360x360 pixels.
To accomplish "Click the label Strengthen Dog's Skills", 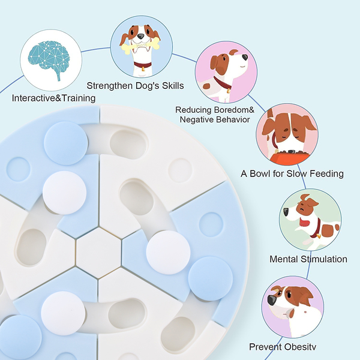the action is [135, 85].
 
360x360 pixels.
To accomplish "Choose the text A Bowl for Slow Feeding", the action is [292, 173].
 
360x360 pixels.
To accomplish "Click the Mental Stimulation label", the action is [308, 259].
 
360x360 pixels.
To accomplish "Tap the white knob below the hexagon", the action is [62, 311].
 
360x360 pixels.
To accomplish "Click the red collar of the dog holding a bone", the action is [143, 65].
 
